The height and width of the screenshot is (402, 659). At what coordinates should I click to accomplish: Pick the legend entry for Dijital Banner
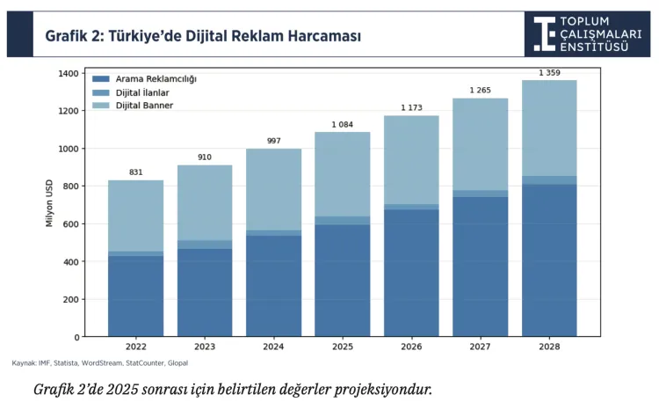144,106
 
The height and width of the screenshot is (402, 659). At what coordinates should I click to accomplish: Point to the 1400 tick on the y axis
68,73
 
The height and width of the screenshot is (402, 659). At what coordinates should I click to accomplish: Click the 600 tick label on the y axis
70,223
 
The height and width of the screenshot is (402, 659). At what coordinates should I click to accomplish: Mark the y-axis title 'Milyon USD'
49,205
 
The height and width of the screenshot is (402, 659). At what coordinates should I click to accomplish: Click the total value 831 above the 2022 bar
135,172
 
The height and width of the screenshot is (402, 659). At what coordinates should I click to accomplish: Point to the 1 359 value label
549,72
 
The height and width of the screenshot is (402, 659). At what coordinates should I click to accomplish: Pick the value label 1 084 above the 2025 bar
343,124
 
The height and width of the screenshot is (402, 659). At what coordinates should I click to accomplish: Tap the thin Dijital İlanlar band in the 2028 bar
549,180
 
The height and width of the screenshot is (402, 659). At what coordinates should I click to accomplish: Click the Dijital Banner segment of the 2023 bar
205,202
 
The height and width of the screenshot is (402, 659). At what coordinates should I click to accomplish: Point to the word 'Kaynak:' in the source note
24,362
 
